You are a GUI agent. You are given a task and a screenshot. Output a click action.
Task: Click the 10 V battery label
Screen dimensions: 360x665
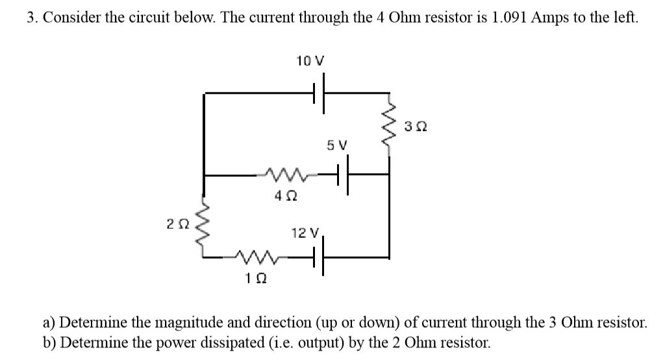(x=309, y=62)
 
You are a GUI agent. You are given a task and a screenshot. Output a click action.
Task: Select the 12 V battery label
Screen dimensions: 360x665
(x=305, y=233)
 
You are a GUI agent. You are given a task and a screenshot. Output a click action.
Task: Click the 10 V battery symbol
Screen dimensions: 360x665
(x=320, y=93)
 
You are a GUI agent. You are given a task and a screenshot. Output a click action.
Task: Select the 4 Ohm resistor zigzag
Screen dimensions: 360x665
(x=280, y=174)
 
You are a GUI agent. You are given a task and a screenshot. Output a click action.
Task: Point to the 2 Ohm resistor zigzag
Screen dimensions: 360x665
(x=205, y=224)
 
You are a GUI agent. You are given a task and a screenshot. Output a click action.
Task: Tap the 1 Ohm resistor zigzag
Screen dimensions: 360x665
(x=255, y=259)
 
